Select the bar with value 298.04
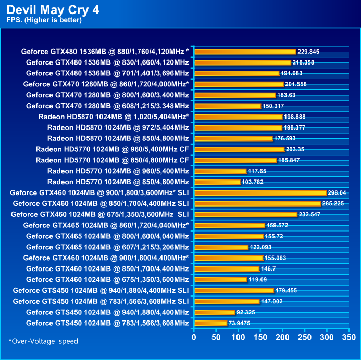coord(260,192)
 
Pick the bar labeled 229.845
coord(245,52)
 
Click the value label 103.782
coord(253,182)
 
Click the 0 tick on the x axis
coord(194,337)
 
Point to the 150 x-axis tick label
coord(260,337)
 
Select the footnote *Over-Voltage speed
coord(43,341)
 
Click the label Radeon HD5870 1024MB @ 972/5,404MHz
coord(118,127)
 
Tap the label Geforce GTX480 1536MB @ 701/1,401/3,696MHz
coord(107,73)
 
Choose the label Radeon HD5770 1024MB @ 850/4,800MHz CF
coord(112,160)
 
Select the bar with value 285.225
coord(257,203)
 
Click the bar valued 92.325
coord(214,312)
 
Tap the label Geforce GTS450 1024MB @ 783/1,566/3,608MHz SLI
coord(101,301)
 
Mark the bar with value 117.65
coord(220,171)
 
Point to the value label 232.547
coord(310,214)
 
